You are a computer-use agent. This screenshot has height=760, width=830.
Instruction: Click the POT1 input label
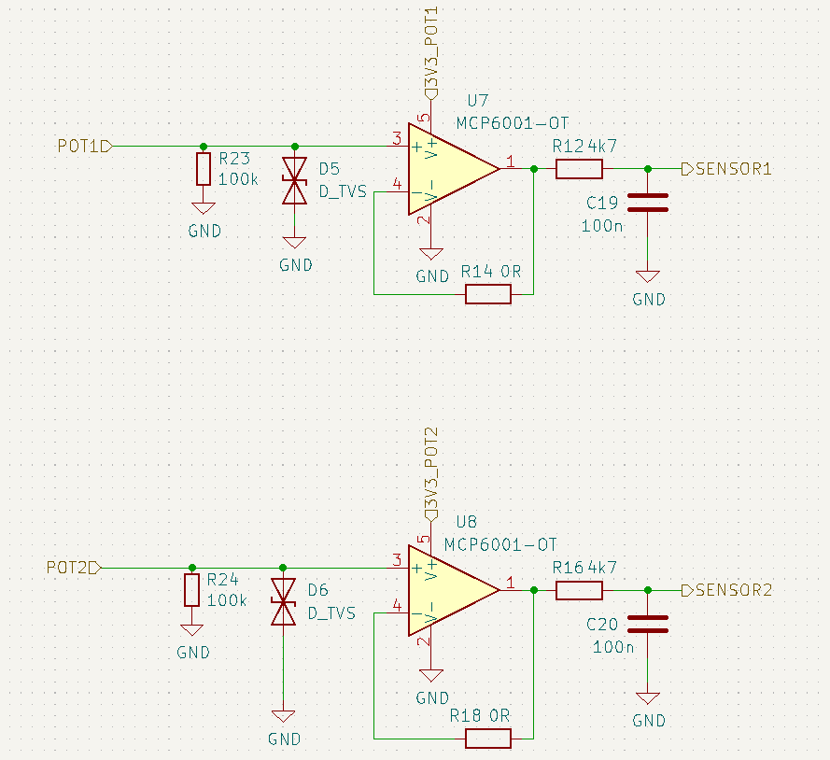pyautogui.click(x=82, y=147)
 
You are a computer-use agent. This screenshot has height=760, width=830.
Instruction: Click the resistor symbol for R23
pyautogui.click(x=204, y=169)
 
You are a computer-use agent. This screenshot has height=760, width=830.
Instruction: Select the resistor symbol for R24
pyautogui.click(x=192, y=590)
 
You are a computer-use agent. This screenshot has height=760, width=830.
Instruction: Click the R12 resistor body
pyautogui.click(x=579, y=169)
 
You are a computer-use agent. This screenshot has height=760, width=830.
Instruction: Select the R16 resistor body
pyautogui.click(x=579, y=590)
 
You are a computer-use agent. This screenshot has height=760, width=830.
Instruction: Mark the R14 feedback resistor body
pyautogui.click(x=488, y=294)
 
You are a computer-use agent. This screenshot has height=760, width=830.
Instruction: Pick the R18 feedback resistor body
pyautogui.click(x=488, y=739)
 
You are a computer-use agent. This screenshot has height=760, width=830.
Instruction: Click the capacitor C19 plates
pyautogui.click(x=647, y=203)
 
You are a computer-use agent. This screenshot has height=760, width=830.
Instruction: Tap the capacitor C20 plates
pyautogui.click(x=647, y=624)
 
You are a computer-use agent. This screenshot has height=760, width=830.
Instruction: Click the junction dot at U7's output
pyautogui.click(x=533, y=169)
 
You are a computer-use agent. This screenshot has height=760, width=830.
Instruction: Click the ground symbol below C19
pyautogui.click(x=647, y=276)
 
